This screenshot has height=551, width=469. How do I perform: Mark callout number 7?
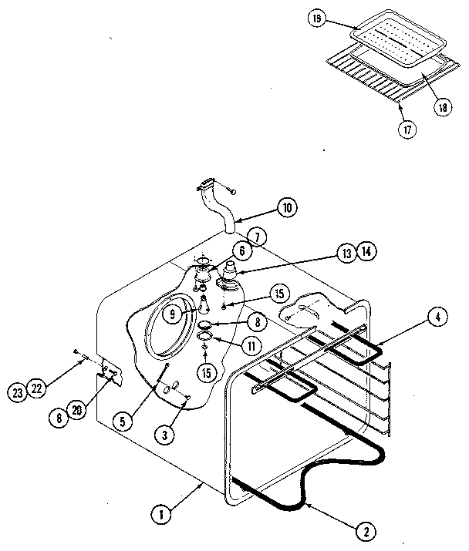point(256,235)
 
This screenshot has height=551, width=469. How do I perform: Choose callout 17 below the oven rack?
point(407,129)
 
